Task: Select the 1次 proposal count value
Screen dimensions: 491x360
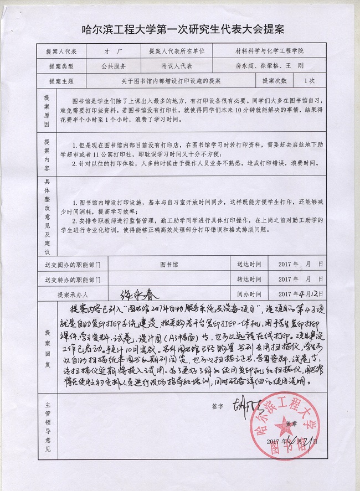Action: click(309, 80)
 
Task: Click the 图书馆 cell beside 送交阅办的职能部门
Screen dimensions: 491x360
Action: click(169, 265)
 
